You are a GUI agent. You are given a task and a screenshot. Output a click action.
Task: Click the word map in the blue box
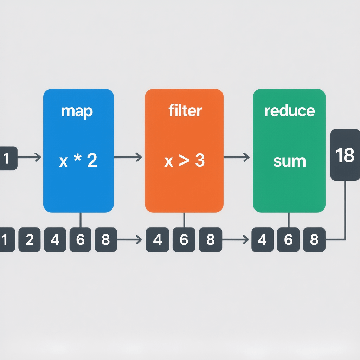click(77, 111)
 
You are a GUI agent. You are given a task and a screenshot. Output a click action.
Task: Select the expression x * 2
click(78, 161)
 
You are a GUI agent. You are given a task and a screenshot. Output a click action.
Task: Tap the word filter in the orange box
click(185, 111)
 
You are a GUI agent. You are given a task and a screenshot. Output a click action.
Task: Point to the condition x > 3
click(185, 161)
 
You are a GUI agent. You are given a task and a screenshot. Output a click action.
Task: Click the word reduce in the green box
click(289, 111)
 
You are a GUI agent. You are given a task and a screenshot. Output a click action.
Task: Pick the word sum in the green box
click(289, 161)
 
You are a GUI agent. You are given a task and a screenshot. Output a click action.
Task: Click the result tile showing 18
click(345, 155)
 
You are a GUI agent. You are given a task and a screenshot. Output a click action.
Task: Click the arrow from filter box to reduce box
click(237, 157)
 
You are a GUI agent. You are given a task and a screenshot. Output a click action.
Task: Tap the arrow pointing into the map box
click(29, 157)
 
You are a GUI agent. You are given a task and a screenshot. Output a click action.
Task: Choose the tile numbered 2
click(30, 240)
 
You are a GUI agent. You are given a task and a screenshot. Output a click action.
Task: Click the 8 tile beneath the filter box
click(210, 240)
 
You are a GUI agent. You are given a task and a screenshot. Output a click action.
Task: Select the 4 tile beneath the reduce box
click(262, 240)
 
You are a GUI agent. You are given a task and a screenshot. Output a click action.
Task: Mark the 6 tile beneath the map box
click(81, 240)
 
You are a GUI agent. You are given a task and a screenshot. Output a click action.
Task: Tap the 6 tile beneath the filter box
click(184, 240)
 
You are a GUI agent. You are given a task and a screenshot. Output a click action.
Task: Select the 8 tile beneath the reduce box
click(314, 240)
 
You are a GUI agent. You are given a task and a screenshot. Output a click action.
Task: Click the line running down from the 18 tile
click(345, 211)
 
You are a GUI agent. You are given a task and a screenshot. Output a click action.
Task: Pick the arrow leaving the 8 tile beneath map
click(129, 240)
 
